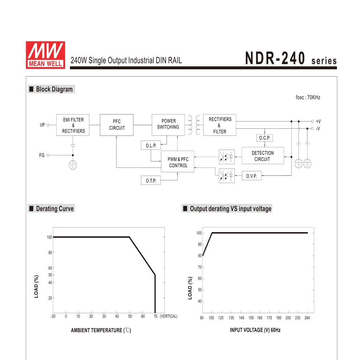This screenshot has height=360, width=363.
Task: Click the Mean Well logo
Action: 45,55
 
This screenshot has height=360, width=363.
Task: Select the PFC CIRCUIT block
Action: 117,125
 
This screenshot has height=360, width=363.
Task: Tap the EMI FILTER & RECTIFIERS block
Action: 73,125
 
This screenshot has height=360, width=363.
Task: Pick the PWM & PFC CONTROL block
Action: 178,162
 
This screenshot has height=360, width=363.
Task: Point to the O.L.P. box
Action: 151,146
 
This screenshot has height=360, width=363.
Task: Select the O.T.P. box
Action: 151,180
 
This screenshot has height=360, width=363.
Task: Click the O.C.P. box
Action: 264,138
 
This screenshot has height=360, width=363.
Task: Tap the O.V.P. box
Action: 252,176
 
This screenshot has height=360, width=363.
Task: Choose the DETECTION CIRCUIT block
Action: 262,156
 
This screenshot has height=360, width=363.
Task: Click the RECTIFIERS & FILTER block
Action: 220,125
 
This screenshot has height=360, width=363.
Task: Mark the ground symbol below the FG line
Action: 73,165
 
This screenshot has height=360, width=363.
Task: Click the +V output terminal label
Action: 318,121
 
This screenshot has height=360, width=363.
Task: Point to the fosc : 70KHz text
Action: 308,98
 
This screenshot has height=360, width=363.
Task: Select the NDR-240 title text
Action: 275,58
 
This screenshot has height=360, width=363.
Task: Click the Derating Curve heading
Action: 54,208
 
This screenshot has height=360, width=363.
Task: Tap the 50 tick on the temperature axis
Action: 130,316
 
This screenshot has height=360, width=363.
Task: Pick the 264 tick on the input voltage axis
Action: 307,318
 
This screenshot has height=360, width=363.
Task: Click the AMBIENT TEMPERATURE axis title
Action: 101,330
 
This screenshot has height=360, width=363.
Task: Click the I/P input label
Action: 42,125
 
